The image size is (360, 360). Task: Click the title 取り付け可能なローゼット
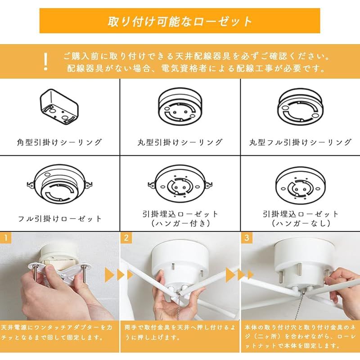pos(180,21)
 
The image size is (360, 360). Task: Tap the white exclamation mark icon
pos(45,62)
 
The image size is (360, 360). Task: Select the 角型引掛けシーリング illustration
pos(60,106)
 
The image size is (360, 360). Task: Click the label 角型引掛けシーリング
pos(60,142)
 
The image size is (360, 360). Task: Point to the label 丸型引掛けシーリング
pos(180,142)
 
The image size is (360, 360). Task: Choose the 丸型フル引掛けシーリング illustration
pos(300,106)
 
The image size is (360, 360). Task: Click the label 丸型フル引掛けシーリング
pos(300,142)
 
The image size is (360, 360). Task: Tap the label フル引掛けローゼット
pos(60,219)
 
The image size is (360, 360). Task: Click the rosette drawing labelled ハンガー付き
pos(180,184)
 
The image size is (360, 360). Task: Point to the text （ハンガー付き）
pos(180,223)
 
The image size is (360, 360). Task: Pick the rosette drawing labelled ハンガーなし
pos(300,184)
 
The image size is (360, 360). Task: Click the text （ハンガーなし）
pos(300,223)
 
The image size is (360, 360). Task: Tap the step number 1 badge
pos(4,237)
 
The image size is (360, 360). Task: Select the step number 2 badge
pos(126,237)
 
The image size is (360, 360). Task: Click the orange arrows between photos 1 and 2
pos(113,274)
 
